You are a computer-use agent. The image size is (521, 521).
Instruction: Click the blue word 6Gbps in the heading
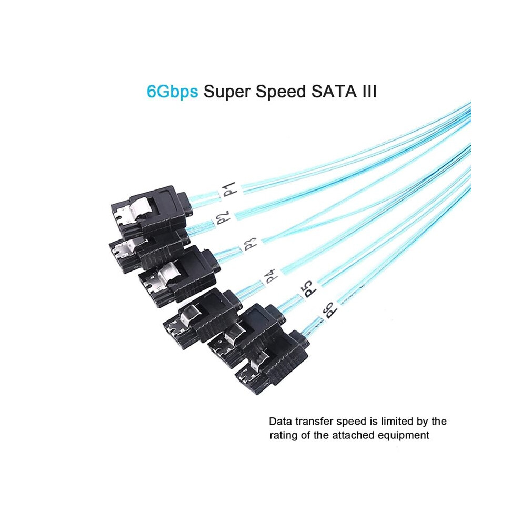tap(172, 92)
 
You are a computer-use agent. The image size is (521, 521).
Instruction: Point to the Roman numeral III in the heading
tap(370, 91)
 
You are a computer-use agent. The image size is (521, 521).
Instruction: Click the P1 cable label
tap(229, 188)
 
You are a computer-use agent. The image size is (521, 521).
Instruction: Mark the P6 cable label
tap(329, 309)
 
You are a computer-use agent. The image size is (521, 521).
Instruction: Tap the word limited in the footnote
tap(397, 422)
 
